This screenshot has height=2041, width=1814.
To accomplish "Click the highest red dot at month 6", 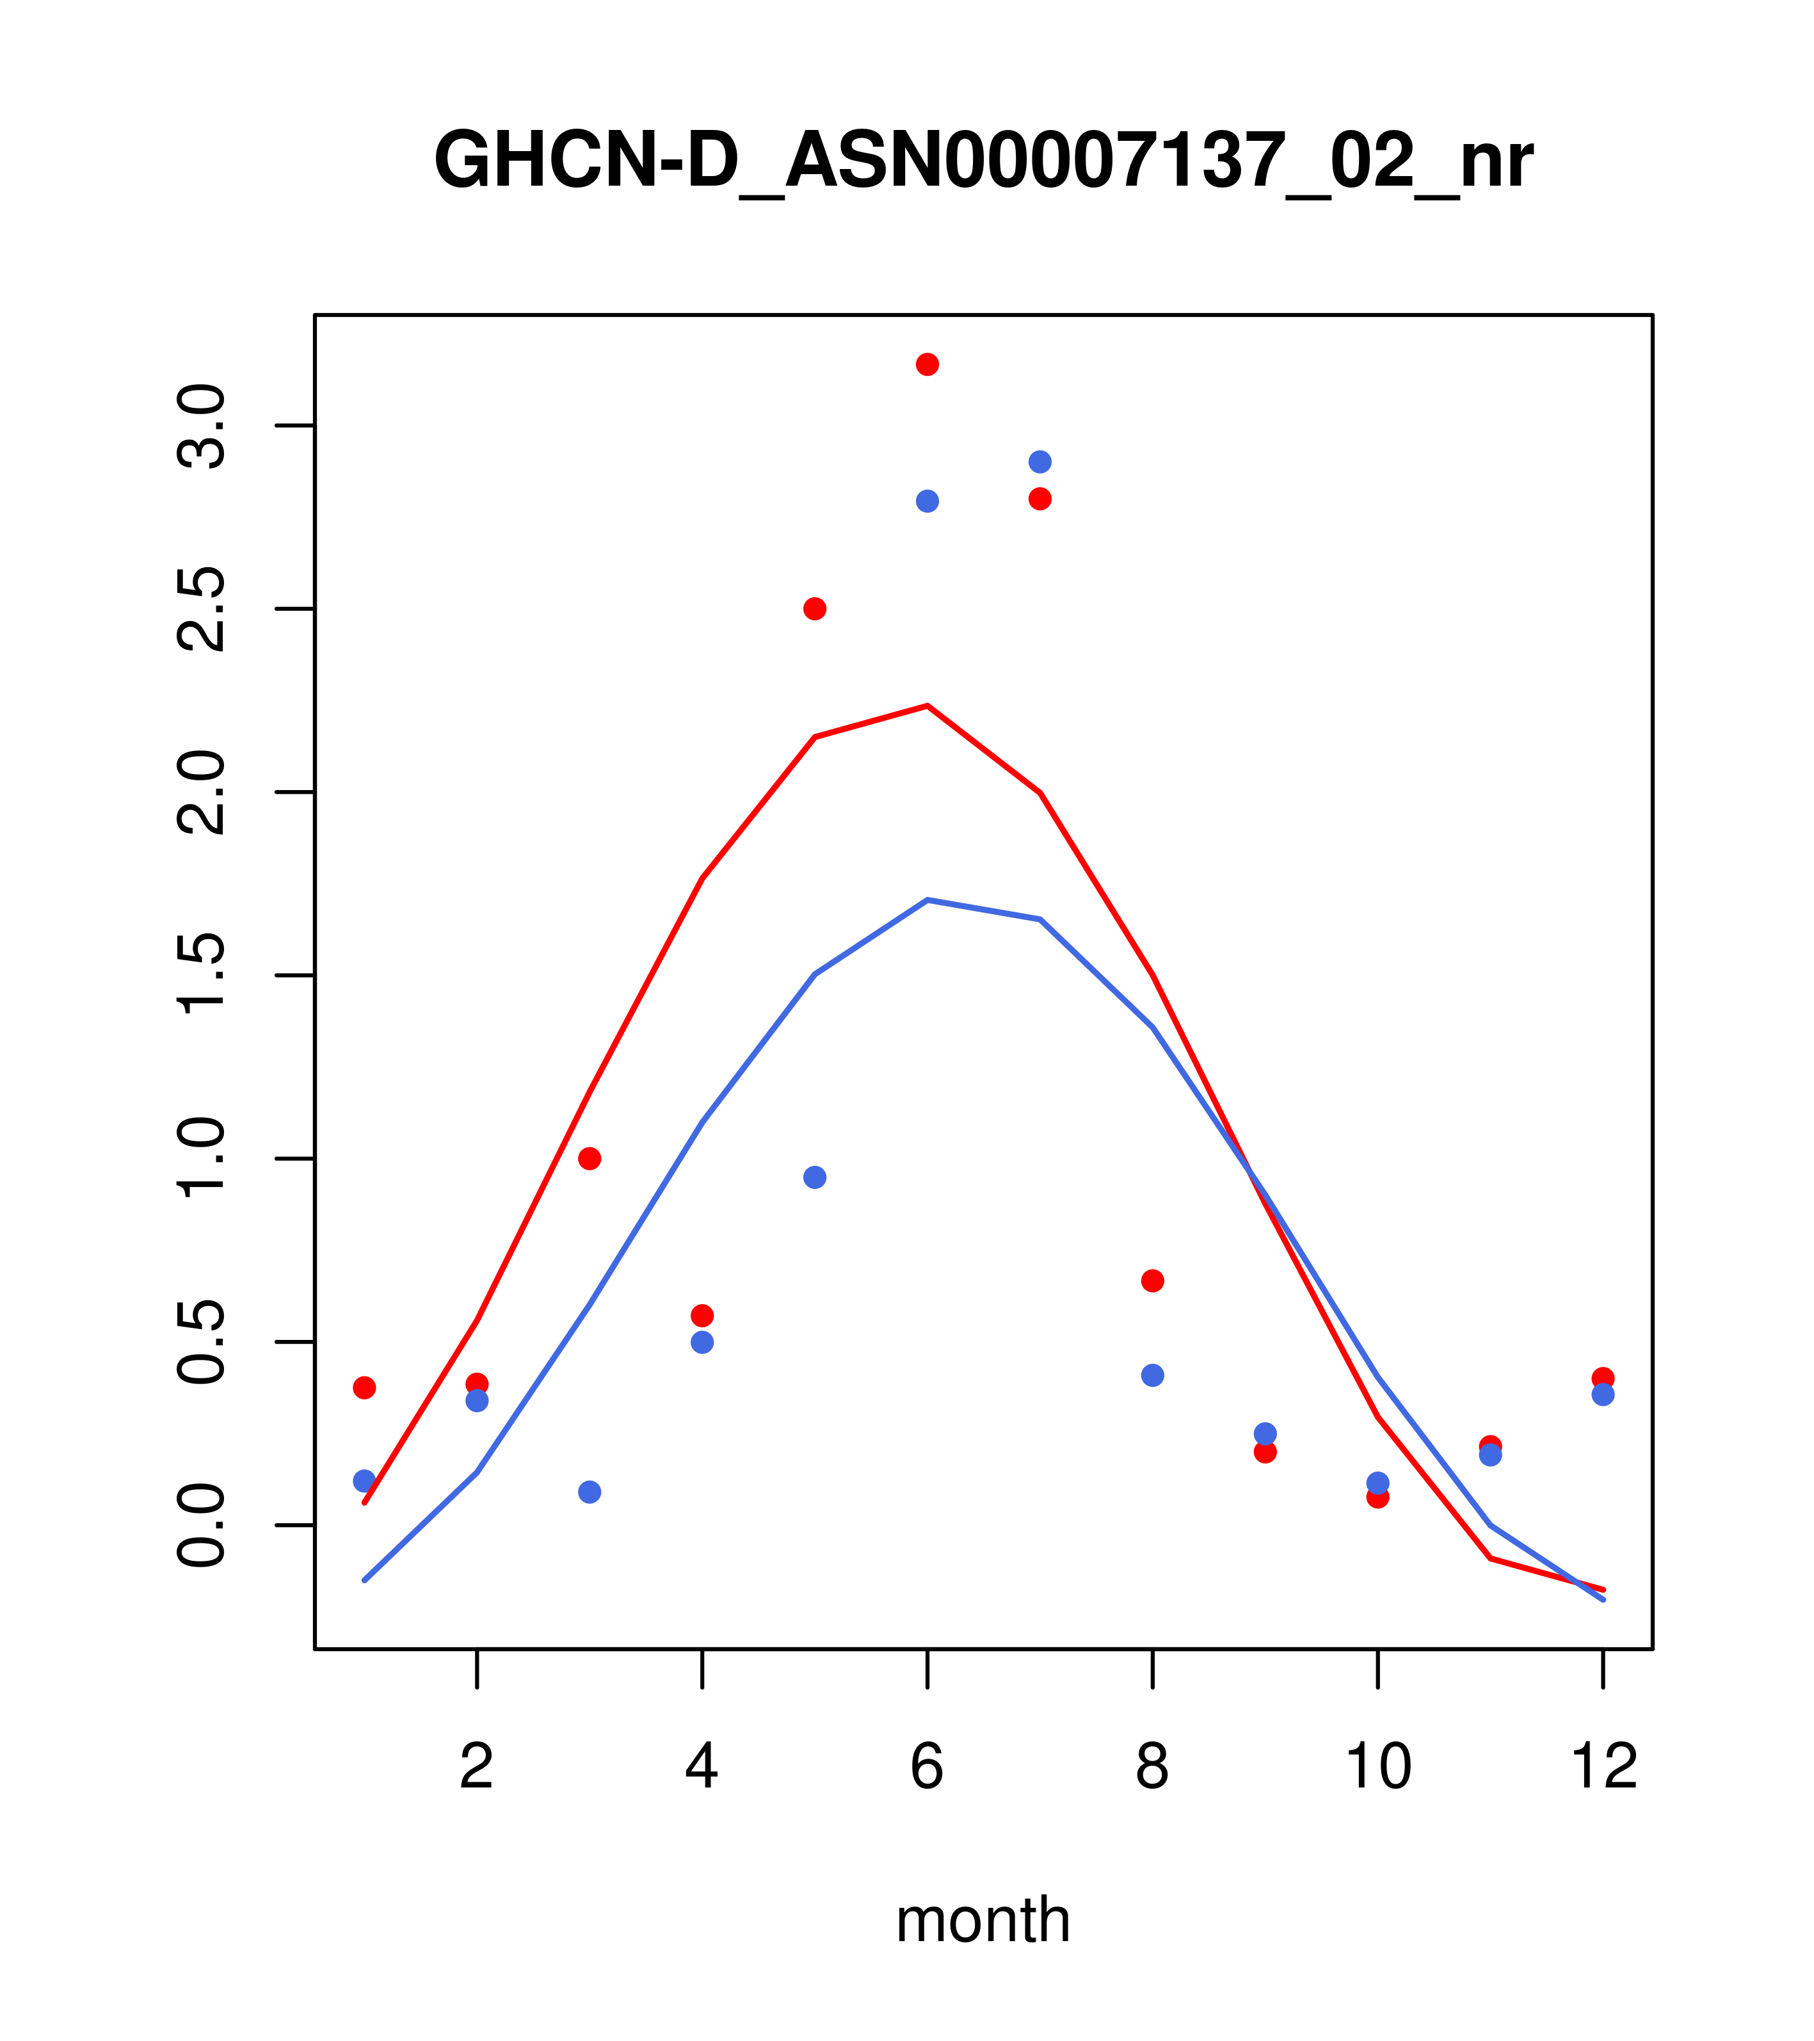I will click(x=927, y=364).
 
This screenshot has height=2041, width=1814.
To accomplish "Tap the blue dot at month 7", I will click(x=1040, y=462).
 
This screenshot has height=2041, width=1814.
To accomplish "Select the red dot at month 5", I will click(x=815, y=609).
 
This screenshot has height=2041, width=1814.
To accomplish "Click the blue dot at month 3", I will click(x=590, y=1492).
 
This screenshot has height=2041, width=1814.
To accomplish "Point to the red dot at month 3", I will click(x=590, y=1158).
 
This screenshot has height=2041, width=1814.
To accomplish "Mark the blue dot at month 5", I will click(x=815, y=1177).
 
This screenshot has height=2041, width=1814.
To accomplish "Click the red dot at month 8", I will click(x=1152, y=1281).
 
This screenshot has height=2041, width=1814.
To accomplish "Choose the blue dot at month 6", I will click(x=927, y=501).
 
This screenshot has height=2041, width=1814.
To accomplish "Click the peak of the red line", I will click(x=927, y=706).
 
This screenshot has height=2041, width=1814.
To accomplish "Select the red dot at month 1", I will click(x=364, y=1388).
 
